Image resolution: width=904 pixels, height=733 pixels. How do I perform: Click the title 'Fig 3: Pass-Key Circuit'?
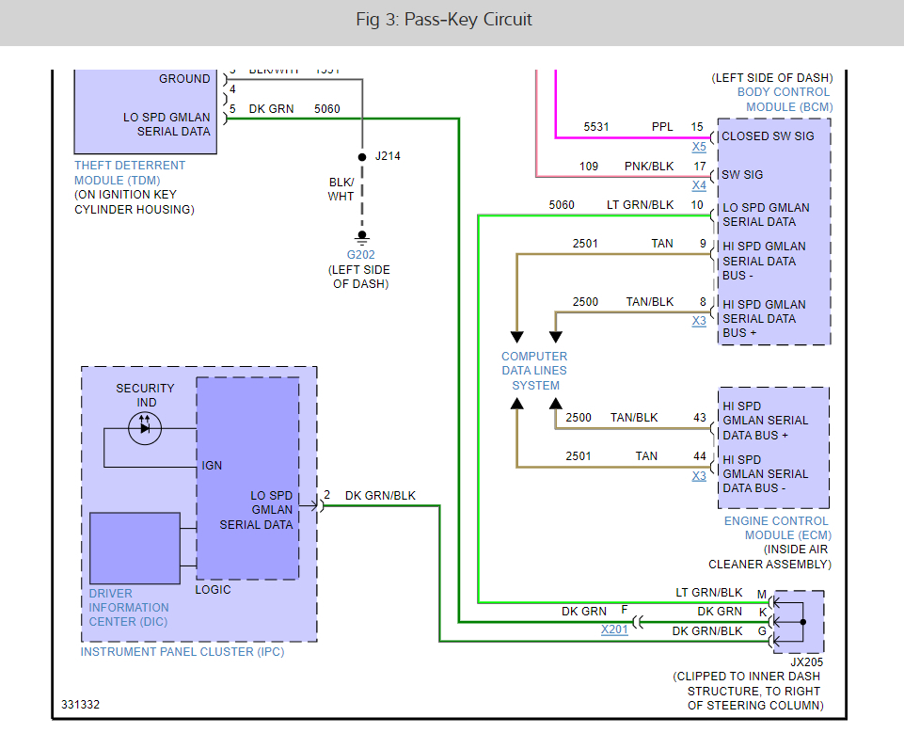pos(452,20)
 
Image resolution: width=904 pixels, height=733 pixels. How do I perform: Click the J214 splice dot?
pos(362,156)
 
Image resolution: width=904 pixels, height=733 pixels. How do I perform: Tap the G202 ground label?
pos(361,254)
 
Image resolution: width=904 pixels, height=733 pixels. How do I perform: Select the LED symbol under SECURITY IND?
pos(145,428)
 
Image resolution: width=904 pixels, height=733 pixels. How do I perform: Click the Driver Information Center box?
pos(135,548)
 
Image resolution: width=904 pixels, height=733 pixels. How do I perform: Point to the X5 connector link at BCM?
pos(699,147)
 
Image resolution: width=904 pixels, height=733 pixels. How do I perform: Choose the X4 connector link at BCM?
pos(699,185)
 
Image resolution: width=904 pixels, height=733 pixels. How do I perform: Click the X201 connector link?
pos(614,629)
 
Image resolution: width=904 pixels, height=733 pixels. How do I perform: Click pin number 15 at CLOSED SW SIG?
pos(697,126)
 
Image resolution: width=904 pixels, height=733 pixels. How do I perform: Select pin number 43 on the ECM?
pos(699,418)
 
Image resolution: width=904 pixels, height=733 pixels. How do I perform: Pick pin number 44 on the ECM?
pos(699,456)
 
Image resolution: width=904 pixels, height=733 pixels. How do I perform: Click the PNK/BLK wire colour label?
pos(650,167)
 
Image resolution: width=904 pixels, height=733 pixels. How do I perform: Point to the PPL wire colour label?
pos(662,126)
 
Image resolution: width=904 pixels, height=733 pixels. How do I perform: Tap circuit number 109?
pos(589,167)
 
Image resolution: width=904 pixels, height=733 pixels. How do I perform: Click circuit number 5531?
pos(596,126)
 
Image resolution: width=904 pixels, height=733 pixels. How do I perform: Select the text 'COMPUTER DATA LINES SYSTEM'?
pos(534,371)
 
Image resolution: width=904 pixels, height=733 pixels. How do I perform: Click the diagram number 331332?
pos(81,705)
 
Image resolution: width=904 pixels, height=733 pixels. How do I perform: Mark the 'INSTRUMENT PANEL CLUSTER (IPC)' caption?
pos(182,651)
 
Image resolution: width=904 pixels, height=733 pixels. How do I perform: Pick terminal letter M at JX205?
pos(762,594)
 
